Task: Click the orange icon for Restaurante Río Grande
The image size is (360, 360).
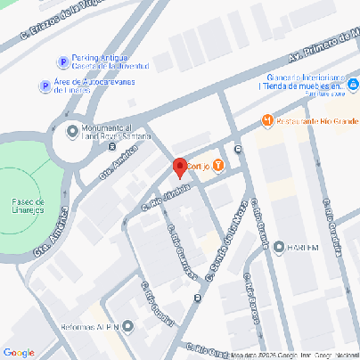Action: click(266, 120)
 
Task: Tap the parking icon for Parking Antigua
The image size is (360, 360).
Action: click(62, 62)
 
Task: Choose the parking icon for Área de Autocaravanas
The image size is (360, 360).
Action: click(44, 86)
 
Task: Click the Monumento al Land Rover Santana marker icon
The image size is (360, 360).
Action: click(72, 131)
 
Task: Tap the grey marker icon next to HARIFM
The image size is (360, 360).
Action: click(279, 247)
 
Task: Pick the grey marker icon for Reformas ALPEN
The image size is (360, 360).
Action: click(126, 326)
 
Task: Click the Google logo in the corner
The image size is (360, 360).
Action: click(19, 353)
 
